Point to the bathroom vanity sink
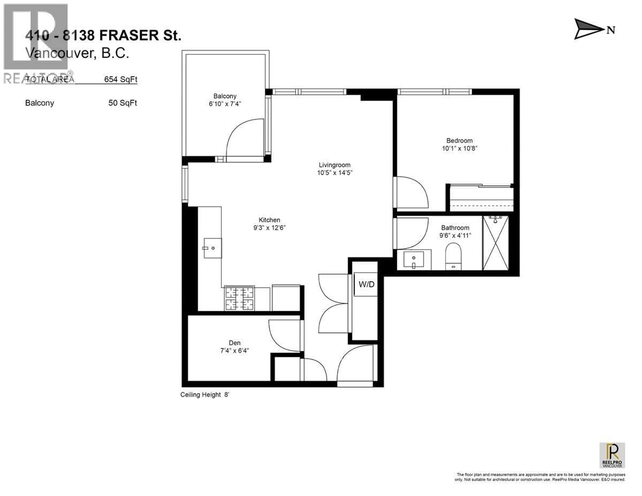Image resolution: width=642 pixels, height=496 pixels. [414, 260]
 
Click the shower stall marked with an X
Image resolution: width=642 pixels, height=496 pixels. [496, 243]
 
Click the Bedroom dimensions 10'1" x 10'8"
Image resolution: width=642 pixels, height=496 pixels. [459, 148]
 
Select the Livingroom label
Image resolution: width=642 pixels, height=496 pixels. [335, 165]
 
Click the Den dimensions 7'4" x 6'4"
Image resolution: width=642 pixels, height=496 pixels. [235, 351]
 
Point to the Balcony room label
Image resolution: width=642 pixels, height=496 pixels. [225, 96]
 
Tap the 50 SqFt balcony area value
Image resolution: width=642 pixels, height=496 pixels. [123, 103]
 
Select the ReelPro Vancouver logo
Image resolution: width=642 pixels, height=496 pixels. [612, 455]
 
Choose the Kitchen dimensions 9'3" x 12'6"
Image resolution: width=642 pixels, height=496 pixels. [269, 228]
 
